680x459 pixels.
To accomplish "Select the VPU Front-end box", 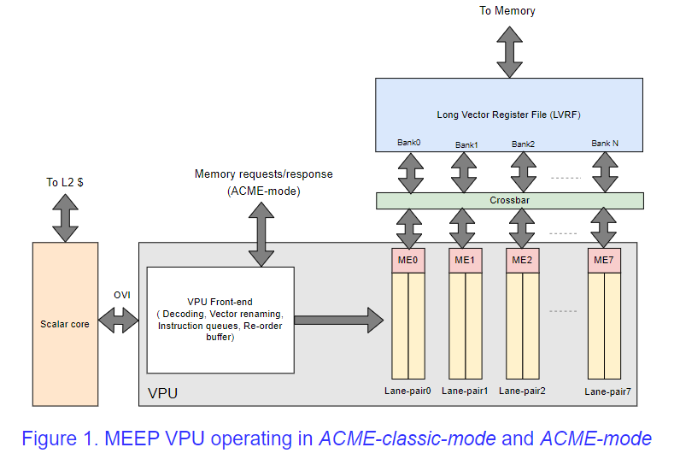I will point(220,320).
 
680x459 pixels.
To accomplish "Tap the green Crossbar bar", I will point(509,200).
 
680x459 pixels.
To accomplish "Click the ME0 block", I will point(407,260).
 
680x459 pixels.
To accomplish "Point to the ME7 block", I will point(604,260).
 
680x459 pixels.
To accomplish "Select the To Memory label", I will point(508,11).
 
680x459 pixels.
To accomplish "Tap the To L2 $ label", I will point(64,182).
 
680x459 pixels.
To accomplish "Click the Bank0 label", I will point(408,143).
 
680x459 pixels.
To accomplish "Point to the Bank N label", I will point(605,143).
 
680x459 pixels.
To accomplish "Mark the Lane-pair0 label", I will point(407,390).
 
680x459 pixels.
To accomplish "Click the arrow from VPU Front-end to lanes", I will point(338,321).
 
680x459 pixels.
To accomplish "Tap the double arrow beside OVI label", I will point(119,322).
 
